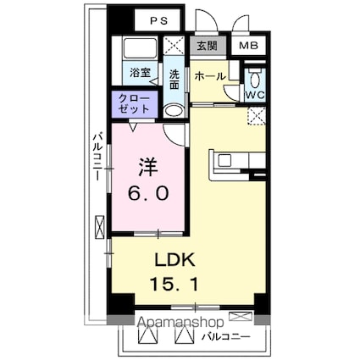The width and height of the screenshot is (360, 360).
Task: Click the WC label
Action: [255, 95]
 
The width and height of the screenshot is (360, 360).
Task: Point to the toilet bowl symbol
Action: [256, 80]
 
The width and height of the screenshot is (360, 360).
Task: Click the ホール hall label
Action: [209, 76]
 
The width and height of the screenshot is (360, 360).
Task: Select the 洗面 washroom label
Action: [174, 79]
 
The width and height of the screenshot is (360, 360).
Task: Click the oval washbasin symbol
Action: [174, 110]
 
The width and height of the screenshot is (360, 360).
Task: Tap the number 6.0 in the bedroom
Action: [152, 194]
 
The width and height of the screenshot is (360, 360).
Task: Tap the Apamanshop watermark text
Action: [179, 323]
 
